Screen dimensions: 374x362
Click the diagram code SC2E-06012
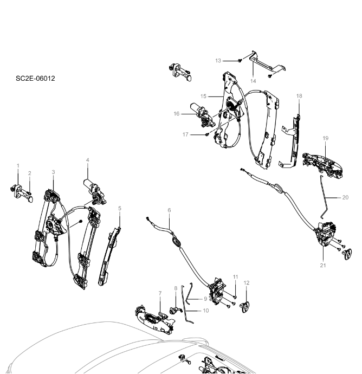tap(35, 79)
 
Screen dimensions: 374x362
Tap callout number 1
tap(18, 165)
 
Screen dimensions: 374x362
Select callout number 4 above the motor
tap(87, 160)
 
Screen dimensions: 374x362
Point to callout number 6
tap(169, 210)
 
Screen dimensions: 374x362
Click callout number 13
tap(218, 60)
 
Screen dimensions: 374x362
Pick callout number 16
tap(177, 114)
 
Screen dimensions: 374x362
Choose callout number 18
tap(299, 96)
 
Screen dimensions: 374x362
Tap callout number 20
tap(346, 197)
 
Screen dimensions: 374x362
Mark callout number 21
tap(324, 265)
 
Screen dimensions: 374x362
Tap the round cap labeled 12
tap(245, 306)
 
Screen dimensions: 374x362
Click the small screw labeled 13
tap(238, 60)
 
